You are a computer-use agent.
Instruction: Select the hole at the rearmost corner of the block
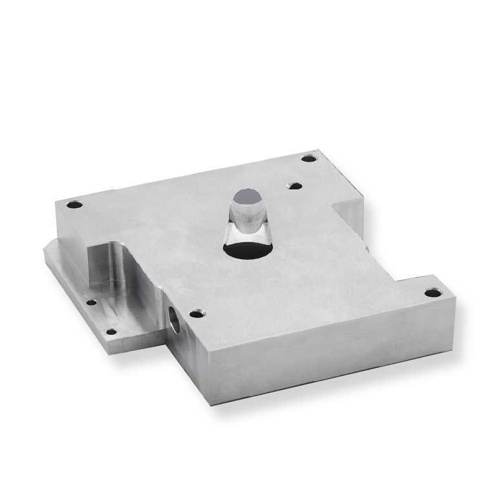coord(309,158)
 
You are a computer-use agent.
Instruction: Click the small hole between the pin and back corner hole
coord(295,186)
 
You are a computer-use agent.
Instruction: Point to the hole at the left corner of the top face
coord(75,205)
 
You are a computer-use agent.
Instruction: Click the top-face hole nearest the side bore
coord(196,314)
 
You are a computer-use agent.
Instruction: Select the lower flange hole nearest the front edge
coord(111,332)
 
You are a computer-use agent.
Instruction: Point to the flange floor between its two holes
coord(101,317)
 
